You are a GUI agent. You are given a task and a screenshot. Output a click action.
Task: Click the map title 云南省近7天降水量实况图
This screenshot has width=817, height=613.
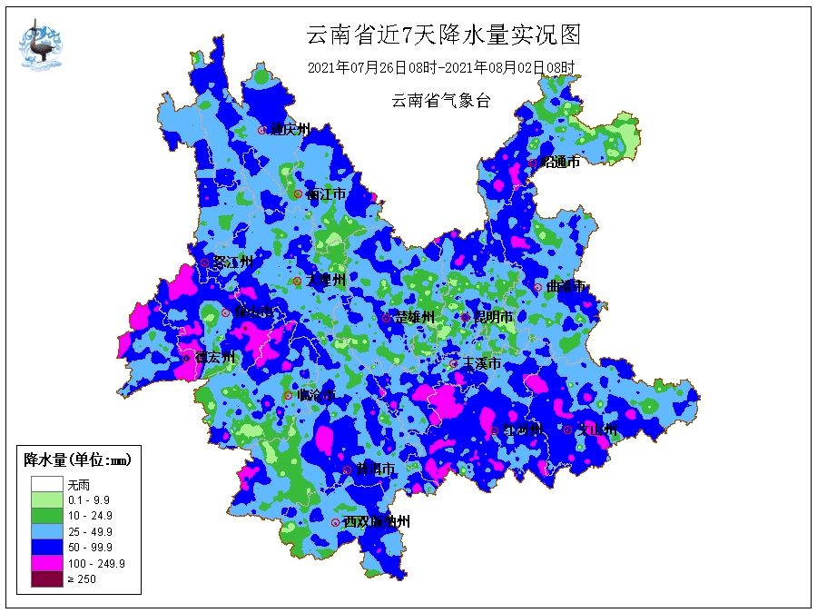442,35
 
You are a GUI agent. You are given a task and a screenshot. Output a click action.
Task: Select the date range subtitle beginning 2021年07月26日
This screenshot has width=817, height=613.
441,68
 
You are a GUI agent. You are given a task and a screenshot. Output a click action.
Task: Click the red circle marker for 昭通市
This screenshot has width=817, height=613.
533,163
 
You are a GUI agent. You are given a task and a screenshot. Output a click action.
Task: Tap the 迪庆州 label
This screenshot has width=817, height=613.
290,130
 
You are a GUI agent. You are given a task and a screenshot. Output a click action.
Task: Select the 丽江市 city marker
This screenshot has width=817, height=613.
298,194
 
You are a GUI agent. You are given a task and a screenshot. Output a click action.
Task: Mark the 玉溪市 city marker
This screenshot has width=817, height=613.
454,363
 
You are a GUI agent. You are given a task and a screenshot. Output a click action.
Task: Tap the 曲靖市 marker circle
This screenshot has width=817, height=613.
537,287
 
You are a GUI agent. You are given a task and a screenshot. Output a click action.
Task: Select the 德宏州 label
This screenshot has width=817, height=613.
214,358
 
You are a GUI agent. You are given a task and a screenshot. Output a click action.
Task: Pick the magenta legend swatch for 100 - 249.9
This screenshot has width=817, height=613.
46,563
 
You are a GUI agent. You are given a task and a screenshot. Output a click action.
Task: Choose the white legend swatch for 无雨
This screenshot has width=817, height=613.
46,485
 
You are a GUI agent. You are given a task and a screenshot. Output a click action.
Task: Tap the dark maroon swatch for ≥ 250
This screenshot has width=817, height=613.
46,578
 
